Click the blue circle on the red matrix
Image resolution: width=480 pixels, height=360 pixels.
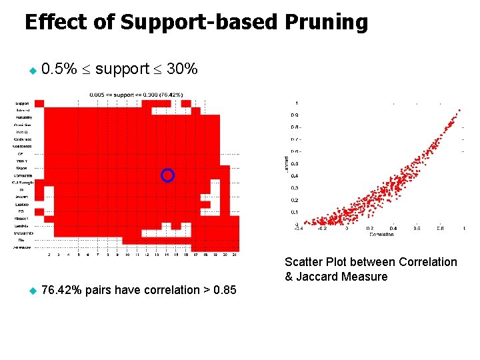coord(168,175)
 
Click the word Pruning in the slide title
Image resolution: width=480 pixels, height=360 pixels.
coord(325,23)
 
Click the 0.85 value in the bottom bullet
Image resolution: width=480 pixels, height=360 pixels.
coord(223,290)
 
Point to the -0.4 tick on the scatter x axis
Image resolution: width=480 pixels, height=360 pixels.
coord(298,228)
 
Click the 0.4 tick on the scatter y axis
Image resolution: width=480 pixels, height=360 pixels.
coord(293,176)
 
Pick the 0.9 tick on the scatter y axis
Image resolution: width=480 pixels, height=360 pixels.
coord(293,115)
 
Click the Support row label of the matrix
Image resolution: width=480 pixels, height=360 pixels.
coord(23,103)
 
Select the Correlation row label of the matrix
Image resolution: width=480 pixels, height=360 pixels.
coord(23,174)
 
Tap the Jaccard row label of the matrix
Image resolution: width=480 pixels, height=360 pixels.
coord(23,197)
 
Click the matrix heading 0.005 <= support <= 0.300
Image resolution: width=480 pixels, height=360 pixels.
coord(137,95)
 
